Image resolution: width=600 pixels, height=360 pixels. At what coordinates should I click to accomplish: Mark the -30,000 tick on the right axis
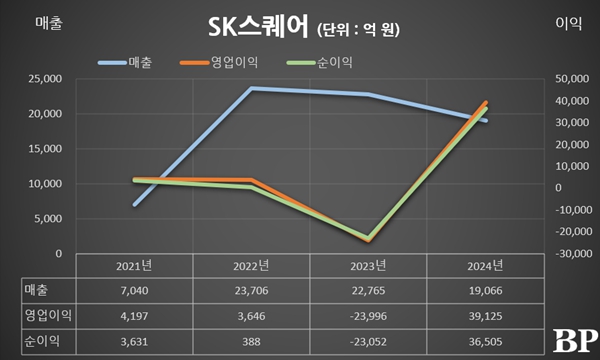[562, 254]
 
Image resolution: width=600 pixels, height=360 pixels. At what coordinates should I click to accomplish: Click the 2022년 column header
[251, 266]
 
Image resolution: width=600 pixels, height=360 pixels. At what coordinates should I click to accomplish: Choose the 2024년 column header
[485, 266]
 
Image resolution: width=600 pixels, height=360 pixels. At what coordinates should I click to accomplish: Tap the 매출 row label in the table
[37, 290]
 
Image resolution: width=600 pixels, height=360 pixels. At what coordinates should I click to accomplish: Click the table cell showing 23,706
[251, 290]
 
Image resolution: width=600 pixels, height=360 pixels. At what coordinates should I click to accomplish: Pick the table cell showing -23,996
[368, 315]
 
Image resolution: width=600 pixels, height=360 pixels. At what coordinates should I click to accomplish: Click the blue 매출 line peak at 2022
[251, 89]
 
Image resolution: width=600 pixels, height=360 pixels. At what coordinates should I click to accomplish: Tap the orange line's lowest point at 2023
[368, 241]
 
